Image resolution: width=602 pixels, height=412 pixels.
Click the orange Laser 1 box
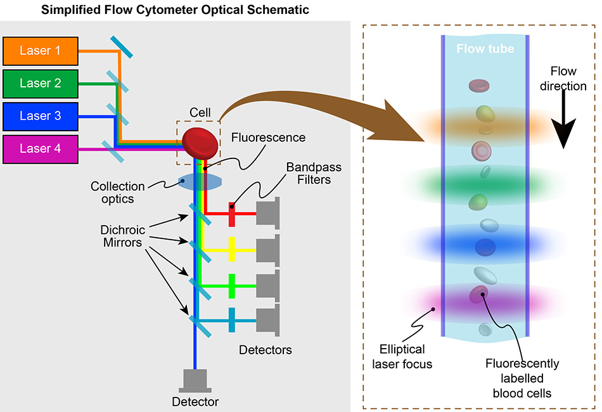click(41, 51)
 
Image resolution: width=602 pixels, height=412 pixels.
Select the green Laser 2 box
click(41, 84)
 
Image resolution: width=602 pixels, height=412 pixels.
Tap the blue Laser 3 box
click(41, 116)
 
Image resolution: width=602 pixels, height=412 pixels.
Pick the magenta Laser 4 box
click(41, 150)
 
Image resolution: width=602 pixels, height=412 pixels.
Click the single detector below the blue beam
click(195, 380)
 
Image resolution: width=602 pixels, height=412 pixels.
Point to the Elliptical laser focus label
click(403, 356)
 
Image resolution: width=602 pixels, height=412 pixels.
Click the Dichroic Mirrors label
click(125, 236)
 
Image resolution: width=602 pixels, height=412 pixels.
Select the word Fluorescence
click(268, 138)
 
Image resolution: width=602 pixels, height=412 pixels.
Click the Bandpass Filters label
click(313, 174)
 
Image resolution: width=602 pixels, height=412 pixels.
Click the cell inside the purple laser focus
click(478, 294)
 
